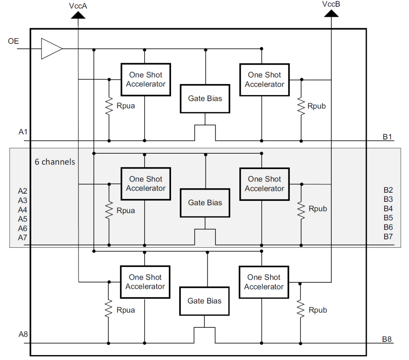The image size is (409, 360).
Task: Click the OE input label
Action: pos(13,41)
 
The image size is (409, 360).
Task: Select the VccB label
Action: pos(331,4)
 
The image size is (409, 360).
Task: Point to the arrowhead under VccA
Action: pos(78,15)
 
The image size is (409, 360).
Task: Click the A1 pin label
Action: pos(23,132)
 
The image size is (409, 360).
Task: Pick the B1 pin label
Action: pos(388,136)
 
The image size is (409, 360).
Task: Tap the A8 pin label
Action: pos(23,335)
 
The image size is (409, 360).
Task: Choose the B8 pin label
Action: pos(388,339)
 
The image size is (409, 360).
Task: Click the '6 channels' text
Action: pos(55,162)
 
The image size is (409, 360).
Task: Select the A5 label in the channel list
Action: pos(23,219)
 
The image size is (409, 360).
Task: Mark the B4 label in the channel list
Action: pos(388,209)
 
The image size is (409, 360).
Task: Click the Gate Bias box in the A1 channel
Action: pos(205,98)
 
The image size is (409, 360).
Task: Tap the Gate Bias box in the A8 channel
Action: pos(204,301)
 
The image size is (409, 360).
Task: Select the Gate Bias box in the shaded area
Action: pos(205,203)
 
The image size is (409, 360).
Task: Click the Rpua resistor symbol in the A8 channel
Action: pos(109,309)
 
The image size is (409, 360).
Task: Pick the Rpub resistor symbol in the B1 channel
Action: pos(301,106)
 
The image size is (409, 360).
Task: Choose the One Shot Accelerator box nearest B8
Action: pos(264,282)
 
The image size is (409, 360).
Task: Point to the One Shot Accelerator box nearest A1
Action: pos(146,80)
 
